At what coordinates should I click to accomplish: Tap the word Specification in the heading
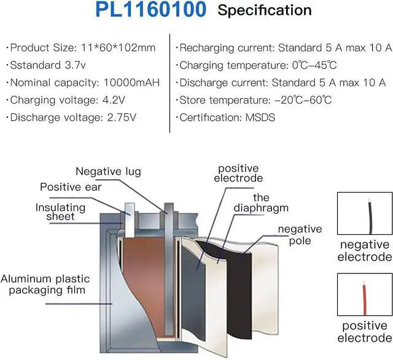(x=265, y=10)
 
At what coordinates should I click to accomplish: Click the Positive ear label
(x=71, y=186)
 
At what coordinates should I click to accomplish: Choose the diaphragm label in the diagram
(x=261, y=203)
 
